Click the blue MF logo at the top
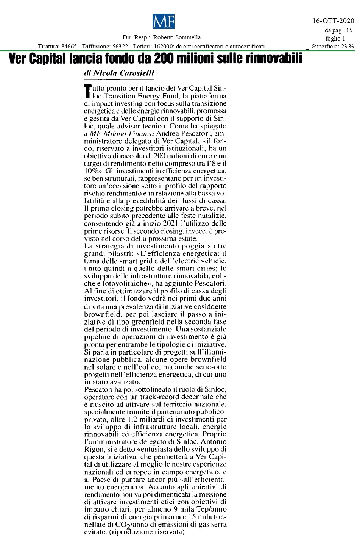[163, 21]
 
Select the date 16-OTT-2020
[333, 21]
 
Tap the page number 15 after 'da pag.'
[349, 30]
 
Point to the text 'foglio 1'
[335, 38]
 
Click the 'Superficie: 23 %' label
[333, 47]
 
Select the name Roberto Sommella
[177, 37]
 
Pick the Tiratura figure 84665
[69, 47]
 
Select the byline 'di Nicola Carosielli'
[119, 73]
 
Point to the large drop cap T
[87, 92]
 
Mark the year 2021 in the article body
[171, 223]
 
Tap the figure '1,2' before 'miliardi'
[132, 419]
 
